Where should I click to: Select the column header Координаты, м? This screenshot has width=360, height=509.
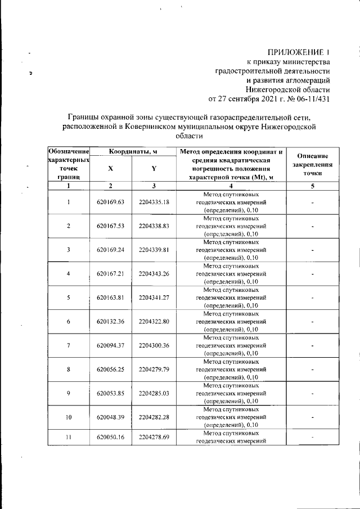[133, 151]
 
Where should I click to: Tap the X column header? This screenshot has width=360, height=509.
[110, 168]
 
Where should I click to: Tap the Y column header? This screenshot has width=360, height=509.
[154, 168]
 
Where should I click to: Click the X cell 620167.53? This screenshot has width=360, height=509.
[110, 226]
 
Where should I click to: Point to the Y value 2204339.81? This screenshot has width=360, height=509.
[154, 250]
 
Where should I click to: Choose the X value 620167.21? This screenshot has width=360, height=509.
[110, 273]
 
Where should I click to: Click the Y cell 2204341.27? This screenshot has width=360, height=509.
[154, 298]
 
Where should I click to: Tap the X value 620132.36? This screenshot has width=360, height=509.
[110, 321]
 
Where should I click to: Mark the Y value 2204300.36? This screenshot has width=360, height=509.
[154, 345]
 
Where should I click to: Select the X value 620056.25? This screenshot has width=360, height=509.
[110, 369]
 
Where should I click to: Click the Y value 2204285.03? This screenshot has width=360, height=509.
[154, 393]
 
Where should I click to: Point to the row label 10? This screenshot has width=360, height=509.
[68, 417]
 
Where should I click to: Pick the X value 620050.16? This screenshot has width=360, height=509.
[110, 436]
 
